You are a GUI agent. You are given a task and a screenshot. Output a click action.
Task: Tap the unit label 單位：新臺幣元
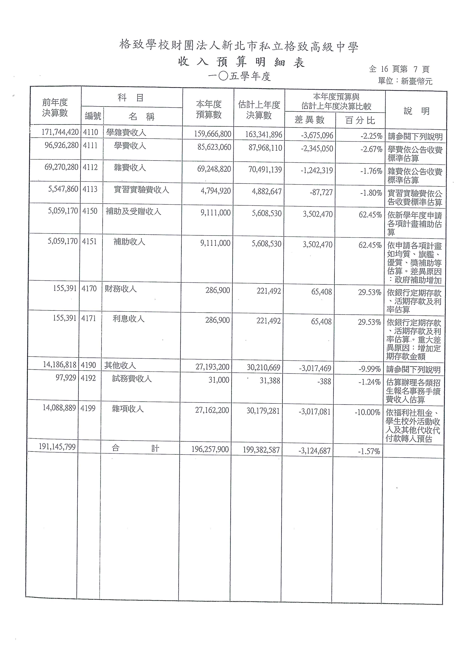pyautogui.click(x=405, y=81)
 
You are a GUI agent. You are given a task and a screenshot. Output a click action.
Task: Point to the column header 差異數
pyautogui.click(x=309, y=120)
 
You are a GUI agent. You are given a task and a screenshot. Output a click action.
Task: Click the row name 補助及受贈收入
pyautogui.click(x=133, y=211)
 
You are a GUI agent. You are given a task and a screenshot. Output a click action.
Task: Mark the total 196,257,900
pyautogui.click(x=210, y=449)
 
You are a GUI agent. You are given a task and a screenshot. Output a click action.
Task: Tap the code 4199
pyautogui.click(x=88, y=408)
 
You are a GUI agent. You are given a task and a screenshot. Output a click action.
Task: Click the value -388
pyautogui.click(x=324, y=381)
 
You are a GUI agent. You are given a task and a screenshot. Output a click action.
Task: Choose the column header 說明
pyautogui.click(x=416, y=111)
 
